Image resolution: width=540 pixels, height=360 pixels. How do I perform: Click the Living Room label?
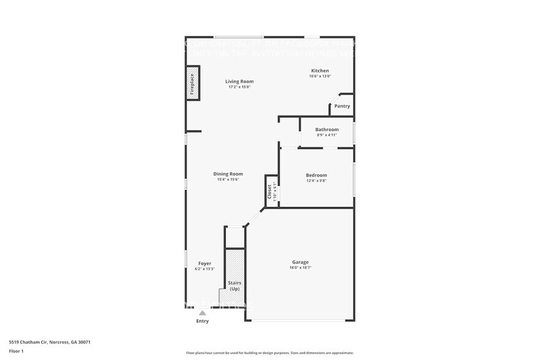coord(239,81)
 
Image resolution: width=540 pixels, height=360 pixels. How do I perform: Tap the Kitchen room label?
coord(320,71)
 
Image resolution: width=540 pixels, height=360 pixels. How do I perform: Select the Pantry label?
coord(342,107)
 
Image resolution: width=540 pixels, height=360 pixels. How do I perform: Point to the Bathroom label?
coord(327,130)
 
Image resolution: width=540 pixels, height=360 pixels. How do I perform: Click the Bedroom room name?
coord(317,175)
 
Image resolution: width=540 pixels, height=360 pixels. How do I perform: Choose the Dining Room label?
coord(228,174)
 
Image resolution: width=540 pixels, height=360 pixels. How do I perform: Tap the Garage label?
coord(300,262)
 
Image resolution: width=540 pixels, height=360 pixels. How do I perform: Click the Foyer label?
coord(204,263)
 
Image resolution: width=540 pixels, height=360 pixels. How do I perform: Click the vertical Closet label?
coord(269,191)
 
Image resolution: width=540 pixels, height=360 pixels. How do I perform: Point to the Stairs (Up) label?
coord(234,285)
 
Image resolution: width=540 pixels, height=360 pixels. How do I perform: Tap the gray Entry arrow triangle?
coord(202,313)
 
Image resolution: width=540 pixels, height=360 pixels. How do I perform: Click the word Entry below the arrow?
coord(202,321)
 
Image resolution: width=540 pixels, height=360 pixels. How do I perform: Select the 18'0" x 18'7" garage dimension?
coord(300,268)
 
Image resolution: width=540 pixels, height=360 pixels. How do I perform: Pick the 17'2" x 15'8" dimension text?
coord(239,87)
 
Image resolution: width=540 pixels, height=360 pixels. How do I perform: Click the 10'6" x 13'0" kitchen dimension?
coord(320,77)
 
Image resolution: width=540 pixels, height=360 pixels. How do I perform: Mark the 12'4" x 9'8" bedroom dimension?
coord(317,181)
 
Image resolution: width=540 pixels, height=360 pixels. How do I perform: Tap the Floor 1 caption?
coord(17,351)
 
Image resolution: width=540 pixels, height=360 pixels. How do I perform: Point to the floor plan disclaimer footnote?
coord(269,353)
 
